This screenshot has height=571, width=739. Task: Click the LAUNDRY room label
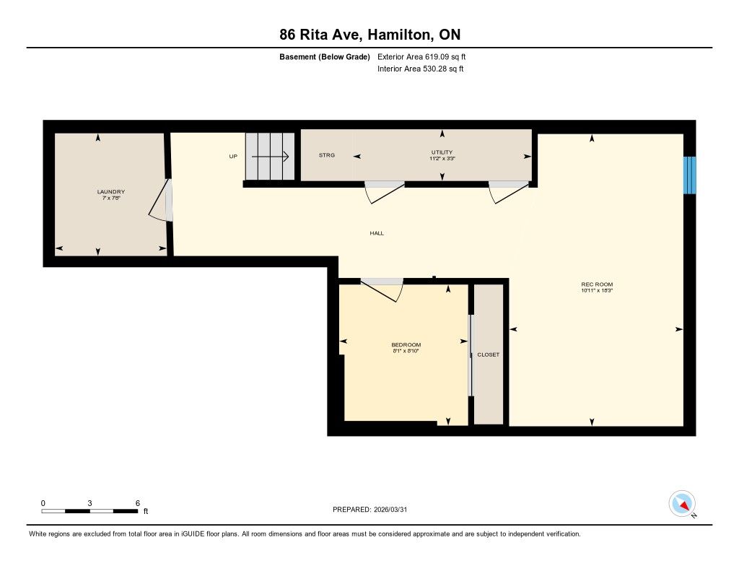(x=110, y=192)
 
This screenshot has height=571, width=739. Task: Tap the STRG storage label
(x=327, y=155)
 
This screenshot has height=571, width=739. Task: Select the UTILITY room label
(x=442, y=152)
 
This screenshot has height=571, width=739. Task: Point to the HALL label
(x=377, y=233)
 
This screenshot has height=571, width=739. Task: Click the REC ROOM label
(x=597, y=284)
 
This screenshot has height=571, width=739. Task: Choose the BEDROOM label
(x=406, y=344)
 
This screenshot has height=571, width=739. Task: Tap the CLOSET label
(x=489, y=354)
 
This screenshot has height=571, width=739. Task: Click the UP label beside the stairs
(x=233, y=157)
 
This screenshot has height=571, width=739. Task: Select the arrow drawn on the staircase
(x=270, y=157)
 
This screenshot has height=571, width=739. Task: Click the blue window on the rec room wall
(x=689, y=175)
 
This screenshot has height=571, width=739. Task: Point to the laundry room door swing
(x=161, y=200)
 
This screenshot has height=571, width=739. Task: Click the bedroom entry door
(x=382, y=290)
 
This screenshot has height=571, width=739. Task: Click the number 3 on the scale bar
(x=89, y=503)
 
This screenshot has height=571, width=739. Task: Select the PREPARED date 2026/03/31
(x=390, y=510)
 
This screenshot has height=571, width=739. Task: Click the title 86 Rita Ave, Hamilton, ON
(x=370, y=35)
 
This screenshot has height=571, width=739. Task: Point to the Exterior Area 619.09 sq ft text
(x=421, y=57)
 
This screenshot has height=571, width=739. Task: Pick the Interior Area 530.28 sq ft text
(x=421, y=69)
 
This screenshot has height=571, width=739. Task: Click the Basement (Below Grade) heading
(x=325, y=57)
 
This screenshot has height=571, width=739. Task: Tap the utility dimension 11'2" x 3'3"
(x=442, y=159)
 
